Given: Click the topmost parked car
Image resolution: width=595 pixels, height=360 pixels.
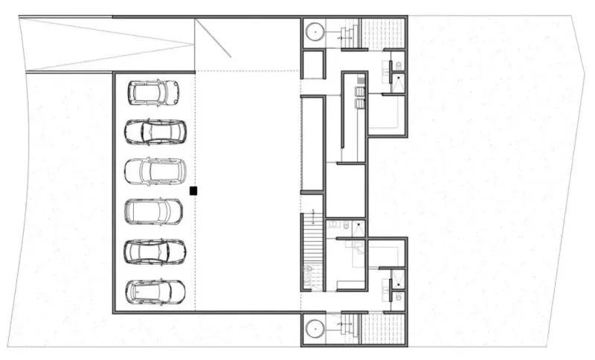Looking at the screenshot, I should (153, 92).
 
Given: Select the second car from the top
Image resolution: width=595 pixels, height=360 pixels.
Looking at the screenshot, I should (155, 132).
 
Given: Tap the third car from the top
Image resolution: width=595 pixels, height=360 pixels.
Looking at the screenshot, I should (154, 171).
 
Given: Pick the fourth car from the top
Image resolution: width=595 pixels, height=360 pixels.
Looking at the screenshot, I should (154, 212).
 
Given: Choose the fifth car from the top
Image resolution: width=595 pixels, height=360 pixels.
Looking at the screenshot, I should (155, 251).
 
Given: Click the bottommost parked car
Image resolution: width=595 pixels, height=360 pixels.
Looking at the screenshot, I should (155, 291).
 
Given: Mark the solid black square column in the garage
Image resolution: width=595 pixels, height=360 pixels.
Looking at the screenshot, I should (193, 191).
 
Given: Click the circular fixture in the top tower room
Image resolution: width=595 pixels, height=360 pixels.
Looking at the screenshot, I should (315, 32).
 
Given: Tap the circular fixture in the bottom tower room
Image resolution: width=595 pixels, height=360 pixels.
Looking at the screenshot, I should (315, 328).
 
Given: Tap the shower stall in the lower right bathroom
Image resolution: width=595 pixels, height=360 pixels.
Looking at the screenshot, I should (399, 279).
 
